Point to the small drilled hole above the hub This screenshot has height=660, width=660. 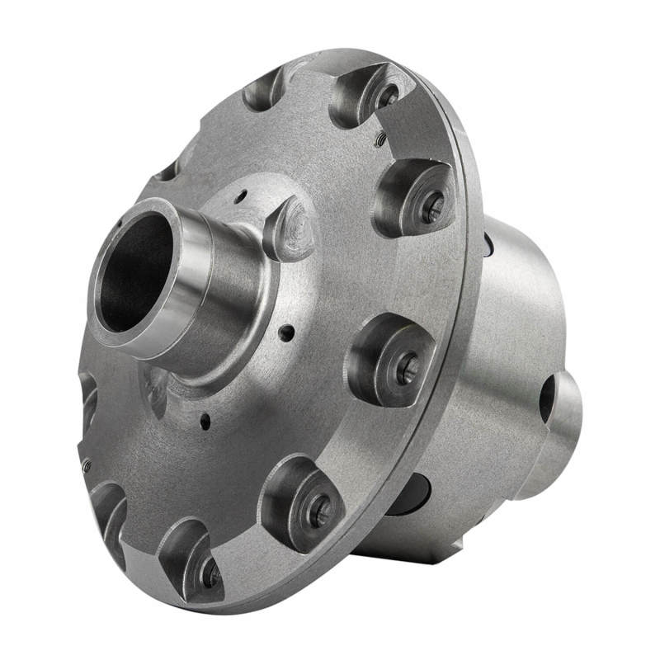click(x=240, y=197)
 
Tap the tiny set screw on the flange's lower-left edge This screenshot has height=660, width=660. click(x=86, y=467)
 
